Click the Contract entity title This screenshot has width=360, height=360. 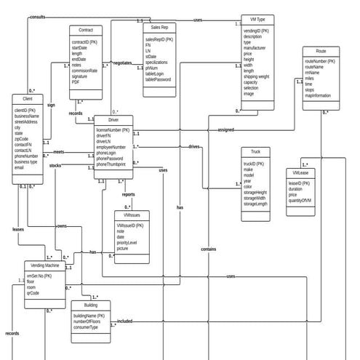click(85, 31)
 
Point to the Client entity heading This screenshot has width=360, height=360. click(28, 98)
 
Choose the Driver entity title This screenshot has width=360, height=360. click(113, 119)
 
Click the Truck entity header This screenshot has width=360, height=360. click(255, 152)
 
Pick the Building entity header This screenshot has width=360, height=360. click(90, 305)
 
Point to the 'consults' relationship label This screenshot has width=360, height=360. click(38, 16)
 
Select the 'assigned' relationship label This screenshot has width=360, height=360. click(226, 129)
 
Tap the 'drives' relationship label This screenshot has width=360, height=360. click(194, 146)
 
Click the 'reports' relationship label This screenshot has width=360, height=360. click(128, 194)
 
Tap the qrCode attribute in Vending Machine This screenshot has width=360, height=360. click(33, 293)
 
